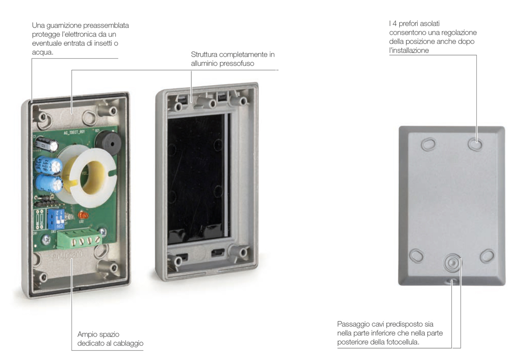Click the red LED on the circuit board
83,215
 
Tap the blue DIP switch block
56,219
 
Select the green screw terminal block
79,239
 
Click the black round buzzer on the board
109,142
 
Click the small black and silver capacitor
46,144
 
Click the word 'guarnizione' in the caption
62,25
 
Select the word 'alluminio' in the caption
204,63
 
